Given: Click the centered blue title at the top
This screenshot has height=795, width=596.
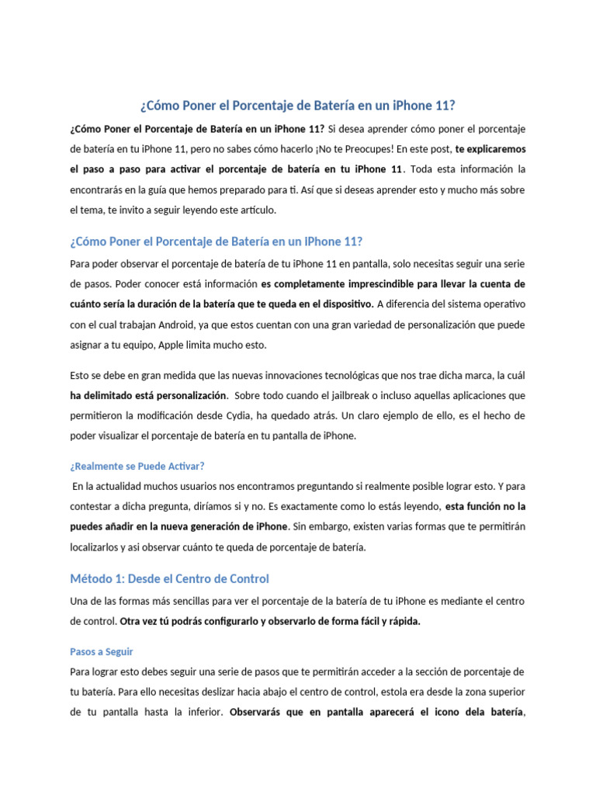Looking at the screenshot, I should tap(297, 105).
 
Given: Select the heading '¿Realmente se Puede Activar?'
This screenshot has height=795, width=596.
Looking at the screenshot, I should tap(137, 466).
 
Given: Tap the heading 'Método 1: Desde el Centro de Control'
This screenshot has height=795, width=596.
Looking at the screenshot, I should tap(169, 578).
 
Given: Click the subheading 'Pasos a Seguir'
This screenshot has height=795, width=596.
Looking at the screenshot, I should tap(102, 651).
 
